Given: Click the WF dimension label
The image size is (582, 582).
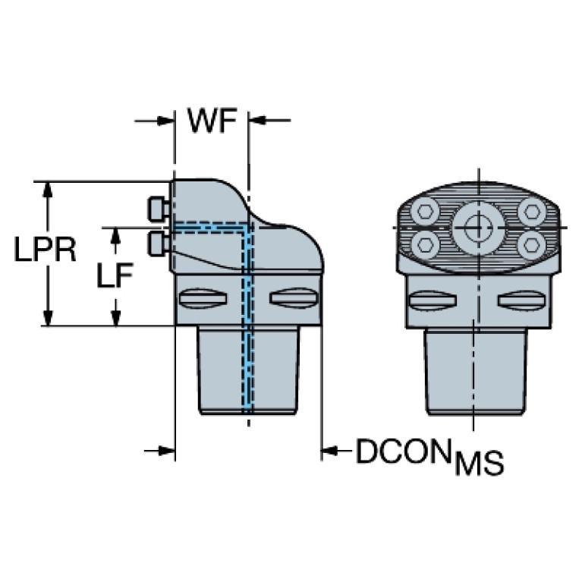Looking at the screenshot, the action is (x=212, y=120).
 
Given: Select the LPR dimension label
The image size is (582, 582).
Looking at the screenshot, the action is (x=45, y=249).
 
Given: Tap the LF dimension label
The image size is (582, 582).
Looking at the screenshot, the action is (x=115, y=275).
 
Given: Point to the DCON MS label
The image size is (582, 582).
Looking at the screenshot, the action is (x=429, y=456).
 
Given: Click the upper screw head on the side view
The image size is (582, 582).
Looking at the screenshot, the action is (x=159, y=208).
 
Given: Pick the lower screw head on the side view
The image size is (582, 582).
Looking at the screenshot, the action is (x=159, y=244).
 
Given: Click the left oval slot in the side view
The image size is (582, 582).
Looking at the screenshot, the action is (x=203, y=298).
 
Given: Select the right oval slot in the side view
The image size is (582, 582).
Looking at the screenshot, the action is (x=294, y=298).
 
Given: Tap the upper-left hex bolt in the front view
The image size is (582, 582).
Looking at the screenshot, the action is (x=425, y=211).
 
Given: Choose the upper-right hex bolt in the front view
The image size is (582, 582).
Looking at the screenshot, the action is (x=532, y=211).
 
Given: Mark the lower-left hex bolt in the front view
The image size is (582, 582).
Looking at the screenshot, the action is (x=425, y=244).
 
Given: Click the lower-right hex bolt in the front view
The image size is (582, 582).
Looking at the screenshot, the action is (x=532, y=244).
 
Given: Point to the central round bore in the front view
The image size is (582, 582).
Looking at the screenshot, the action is (x=479, y=228).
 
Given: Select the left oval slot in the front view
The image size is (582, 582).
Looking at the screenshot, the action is (x=432, y=300).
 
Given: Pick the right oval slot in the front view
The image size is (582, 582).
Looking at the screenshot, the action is (x=522, y=300).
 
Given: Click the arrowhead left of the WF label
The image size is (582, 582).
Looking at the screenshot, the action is (x=165, y=121).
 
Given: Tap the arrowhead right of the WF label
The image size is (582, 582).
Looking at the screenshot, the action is (x=256, y=120).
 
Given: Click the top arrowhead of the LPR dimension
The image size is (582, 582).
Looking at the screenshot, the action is (x=47, y=190).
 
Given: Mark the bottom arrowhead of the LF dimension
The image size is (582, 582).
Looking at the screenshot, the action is (x=116, y=317).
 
